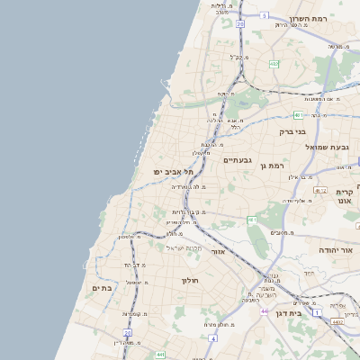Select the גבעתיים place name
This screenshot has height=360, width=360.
[237, 159]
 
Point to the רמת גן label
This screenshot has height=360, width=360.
[270, 166]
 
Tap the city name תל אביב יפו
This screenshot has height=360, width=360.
[157, 171]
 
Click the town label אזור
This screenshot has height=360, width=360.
[216, 252]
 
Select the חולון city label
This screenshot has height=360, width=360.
[190, 280]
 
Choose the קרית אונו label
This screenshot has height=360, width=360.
[346, 196]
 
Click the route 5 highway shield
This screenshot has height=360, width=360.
[265, 15]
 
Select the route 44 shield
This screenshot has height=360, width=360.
[265, 310]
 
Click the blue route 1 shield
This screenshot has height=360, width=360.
[317, 312]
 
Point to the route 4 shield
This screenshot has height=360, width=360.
[212, 337]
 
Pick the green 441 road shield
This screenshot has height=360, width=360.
[159, 355]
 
